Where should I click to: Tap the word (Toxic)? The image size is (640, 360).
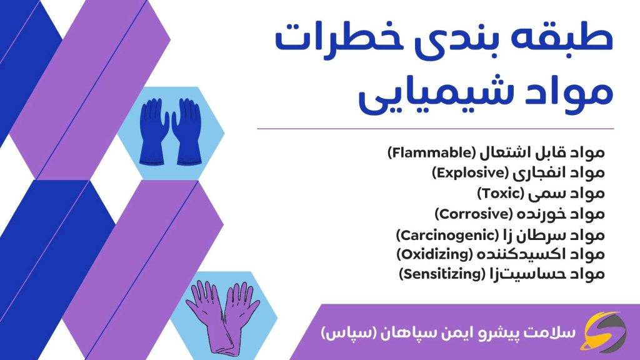click(x=499, y=192)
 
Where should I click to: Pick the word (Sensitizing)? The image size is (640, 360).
click(x=441, y=273)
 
